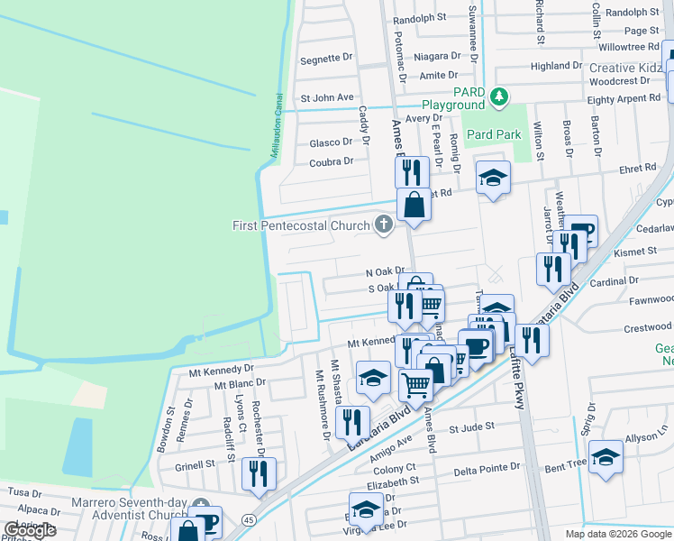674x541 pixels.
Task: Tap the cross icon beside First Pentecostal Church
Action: point(385,225)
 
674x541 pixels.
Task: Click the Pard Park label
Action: point(494,134)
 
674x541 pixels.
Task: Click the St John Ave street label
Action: point(327,97)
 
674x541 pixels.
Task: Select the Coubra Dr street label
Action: point(331,162)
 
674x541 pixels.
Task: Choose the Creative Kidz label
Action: point(626,69)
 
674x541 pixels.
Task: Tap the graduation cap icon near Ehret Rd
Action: point(493,178)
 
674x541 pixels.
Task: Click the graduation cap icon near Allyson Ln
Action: point(607,457)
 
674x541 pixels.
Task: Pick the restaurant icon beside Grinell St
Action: point(260,473)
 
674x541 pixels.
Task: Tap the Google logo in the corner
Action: point(30,530)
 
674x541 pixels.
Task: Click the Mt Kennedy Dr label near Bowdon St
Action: point(221,370)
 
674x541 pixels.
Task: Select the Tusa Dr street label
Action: point(24,492)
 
